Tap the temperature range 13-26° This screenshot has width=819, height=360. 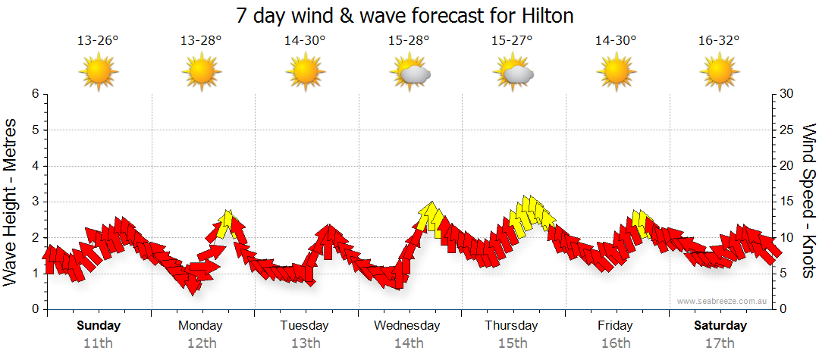98,42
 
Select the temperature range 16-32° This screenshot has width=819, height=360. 720,42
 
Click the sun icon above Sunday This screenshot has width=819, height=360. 99,73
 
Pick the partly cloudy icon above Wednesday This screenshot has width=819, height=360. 409,73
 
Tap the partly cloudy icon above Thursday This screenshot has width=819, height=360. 513,73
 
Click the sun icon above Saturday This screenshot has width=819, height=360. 720,73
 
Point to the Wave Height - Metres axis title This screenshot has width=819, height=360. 11,202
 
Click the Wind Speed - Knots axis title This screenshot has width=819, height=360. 808,202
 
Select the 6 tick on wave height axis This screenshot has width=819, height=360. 35,94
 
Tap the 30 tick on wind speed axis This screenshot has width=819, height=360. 786,94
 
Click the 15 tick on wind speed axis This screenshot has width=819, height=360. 786,202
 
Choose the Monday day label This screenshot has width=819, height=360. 200,326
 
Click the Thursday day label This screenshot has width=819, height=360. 512,326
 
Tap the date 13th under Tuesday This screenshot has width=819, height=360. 304,343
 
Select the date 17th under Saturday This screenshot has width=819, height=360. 720,343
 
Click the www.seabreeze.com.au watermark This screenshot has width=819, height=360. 723,301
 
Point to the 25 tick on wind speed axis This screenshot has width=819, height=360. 786,130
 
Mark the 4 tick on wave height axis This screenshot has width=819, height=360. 35,166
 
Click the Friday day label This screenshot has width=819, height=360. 615,326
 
